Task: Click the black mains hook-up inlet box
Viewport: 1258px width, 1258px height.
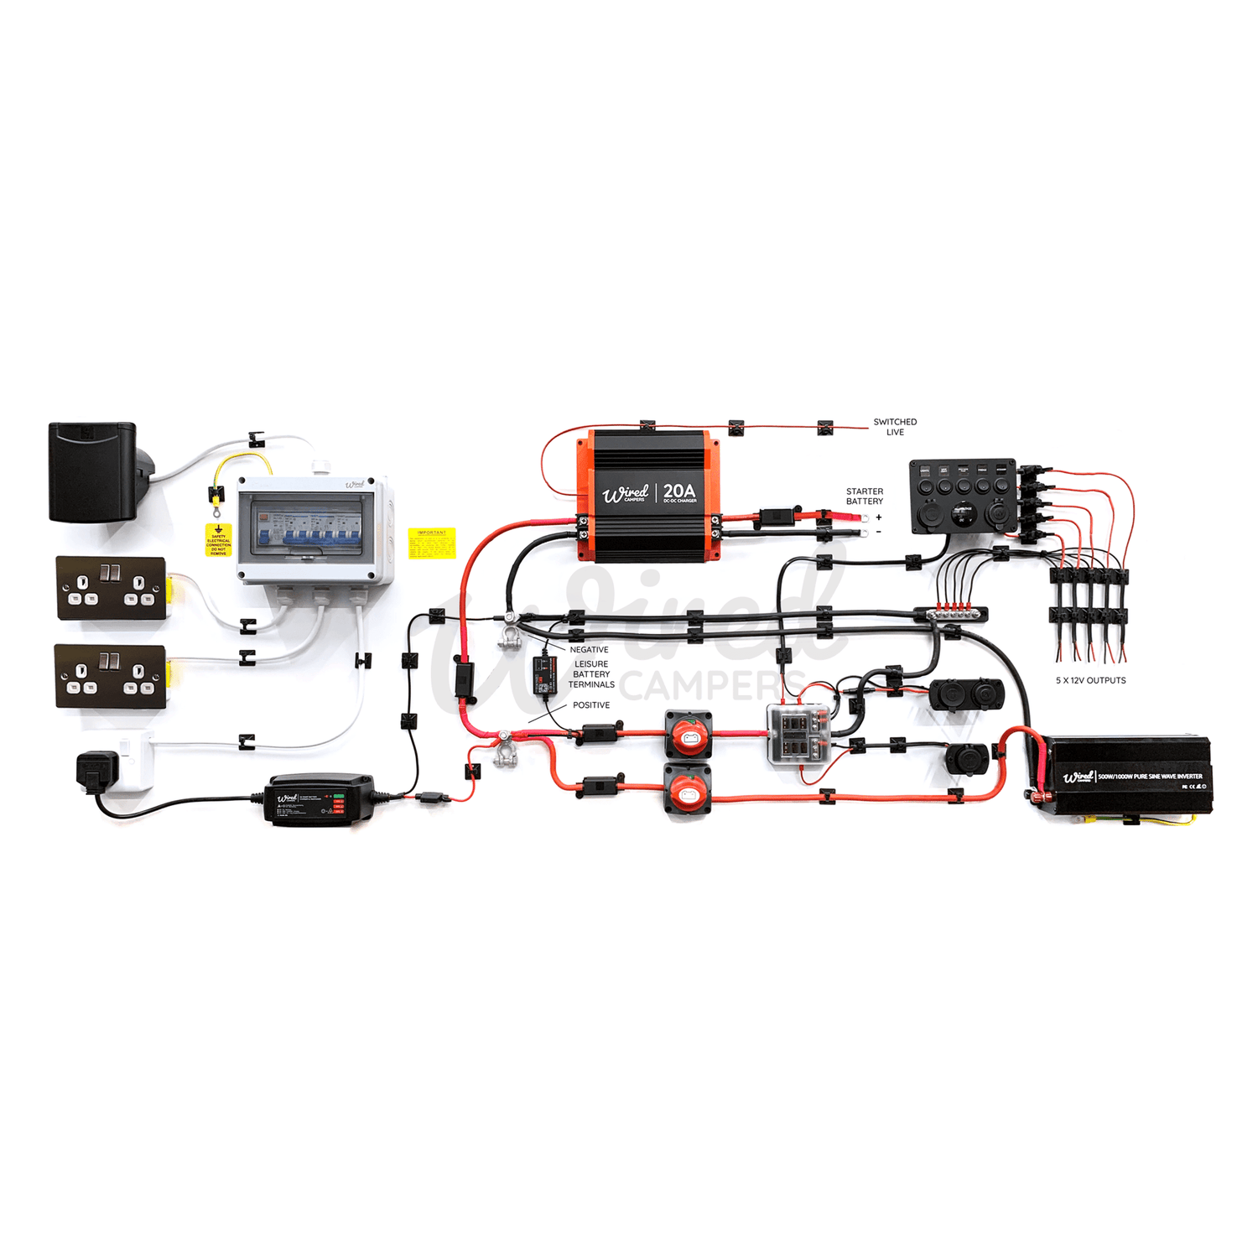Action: click(x=93, y=471)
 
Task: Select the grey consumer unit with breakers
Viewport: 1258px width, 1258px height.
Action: click(x=314, y=530)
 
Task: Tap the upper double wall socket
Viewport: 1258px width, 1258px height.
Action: click(x=111, y=587)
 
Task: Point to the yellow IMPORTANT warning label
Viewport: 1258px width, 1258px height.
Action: click(x=432, y=543)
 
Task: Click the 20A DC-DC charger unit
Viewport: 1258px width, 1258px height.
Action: click(x=647, y=496)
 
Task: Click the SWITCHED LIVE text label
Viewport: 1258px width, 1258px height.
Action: click(x=895, y=427)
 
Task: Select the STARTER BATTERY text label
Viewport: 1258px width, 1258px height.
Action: click(x=864, y=496)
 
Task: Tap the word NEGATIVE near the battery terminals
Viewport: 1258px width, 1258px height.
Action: click(x=589, y=650)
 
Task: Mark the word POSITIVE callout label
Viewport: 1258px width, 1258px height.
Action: click(x=591, y=705)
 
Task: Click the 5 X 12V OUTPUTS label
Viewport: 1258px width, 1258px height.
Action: click(x=1090, y=680)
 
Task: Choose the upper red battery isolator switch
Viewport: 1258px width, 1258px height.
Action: click(x=689, y=734)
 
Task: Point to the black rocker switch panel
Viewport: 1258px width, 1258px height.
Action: click(x=964, y=496)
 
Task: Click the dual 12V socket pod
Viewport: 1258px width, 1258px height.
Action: click(x=965, y=695)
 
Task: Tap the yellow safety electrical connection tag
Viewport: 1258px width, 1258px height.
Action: click(x=218, y=540)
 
